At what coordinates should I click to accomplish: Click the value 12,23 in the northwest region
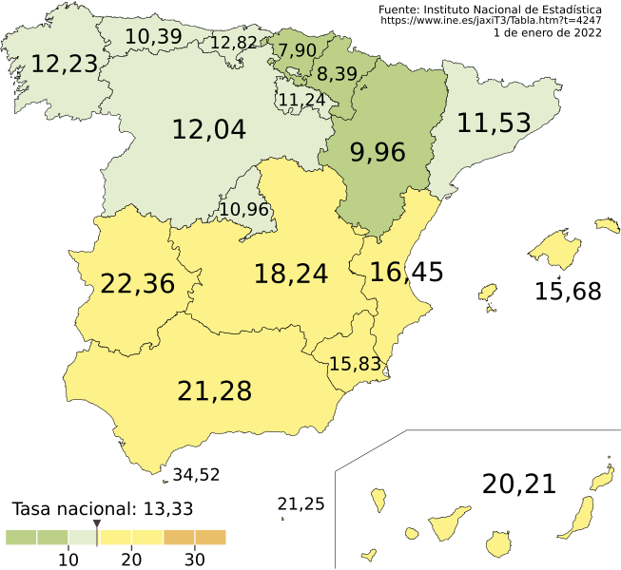coord(64,64)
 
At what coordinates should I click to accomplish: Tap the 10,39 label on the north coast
coord(153,36)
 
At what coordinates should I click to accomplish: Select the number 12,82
coord(233,43)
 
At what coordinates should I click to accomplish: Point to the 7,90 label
coord(297,49)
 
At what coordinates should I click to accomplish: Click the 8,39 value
coord(337,74)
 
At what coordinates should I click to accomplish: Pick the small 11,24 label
coord(301,98)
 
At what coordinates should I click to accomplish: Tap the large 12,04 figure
coord(208,130)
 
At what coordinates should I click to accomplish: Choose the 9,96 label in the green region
coord(378,152)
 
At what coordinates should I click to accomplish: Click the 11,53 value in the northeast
coord(493,123)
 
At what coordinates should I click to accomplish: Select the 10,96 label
coord(243,209)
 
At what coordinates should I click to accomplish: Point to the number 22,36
coord(137,283)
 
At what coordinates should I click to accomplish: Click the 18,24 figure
coord(290,274)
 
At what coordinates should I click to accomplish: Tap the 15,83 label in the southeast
coord(354,363)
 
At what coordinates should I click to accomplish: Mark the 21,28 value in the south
coord(214,390)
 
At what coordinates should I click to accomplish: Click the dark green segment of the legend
coord(36,538)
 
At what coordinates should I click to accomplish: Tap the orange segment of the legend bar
coord(195,538)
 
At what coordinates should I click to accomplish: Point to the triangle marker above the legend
coord(96,524)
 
